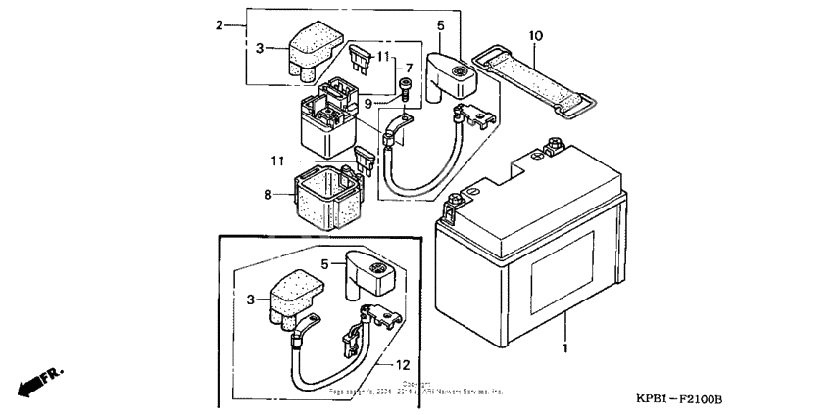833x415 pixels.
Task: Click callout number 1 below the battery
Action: [x=565, y=347]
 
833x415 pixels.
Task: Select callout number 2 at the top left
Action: [x=220, y=24]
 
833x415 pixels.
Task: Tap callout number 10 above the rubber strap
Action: [x=535, y=36]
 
